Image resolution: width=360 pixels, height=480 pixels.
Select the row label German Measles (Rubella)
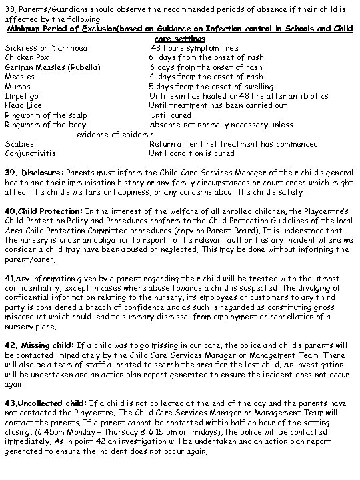(53, 67)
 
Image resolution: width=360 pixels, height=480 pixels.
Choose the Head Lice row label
(23, 105)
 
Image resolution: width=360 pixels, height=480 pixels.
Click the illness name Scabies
(21, 144)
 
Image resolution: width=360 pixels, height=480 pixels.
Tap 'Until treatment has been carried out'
(218, 105)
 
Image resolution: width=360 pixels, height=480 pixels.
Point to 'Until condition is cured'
(192, 153)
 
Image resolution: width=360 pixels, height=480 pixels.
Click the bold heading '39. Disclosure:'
(35, 173)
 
